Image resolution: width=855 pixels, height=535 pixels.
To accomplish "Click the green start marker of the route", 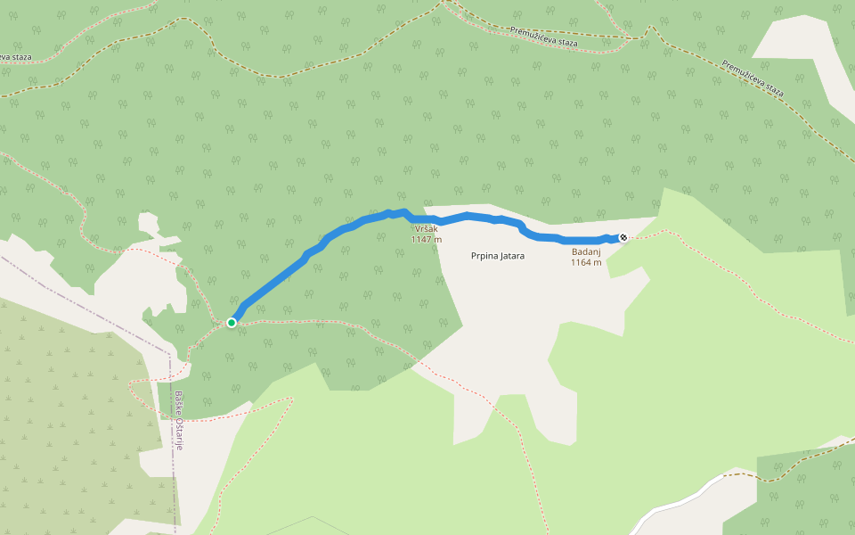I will pos(232,322).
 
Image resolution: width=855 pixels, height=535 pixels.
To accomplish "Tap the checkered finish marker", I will pos(623,237).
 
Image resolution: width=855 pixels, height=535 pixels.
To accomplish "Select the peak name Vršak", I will pos(426,229).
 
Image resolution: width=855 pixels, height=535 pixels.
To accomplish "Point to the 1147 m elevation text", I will pos(426,239).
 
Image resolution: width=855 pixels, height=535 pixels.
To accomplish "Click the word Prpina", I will pos(485,256).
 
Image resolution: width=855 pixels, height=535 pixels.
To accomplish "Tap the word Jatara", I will pos(512,256).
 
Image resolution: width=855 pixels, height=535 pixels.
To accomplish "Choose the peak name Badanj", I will pos(586,252).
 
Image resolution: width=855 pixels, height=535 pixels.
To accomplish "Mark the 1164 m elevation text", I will pos(586,262).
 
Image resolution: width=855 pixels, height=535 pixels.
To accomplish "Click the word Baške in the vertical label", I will pos(178,403).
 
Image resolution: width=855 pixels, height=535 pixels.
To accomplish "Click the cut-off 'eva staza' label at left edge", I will pos(15,57).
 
